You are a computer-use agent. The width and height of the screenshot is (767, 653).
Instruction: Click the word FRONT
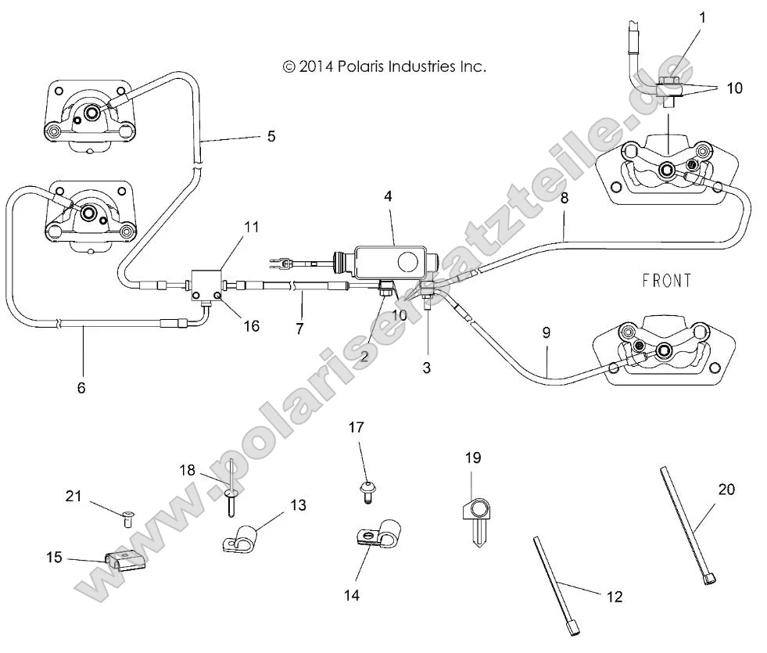tap(667, 281)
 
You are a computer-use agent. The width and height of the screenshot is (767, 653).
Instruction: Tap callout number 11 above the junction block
tap(250, 228)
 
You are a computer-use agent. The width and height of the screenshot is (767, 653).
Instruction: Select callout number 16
tap(250, 326)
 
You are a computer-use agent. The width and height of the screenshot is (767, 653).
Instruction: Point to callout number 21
tap(73, 497)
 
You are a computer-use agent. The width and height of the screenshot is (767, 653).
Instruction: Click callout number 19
tap(472, 457)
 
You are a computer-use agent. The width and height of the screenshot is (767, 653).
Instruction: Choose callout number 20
tap(727, 490)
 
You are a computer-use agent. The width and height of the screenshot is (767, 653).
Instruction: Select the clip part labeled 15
tap(124, 560)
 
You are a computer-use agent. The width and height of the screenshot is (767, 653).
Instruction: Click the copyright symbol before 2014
tap(289, 67)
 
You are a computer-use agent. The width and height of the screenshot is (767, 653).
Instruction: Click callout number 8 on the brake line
tap(564, 199)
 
